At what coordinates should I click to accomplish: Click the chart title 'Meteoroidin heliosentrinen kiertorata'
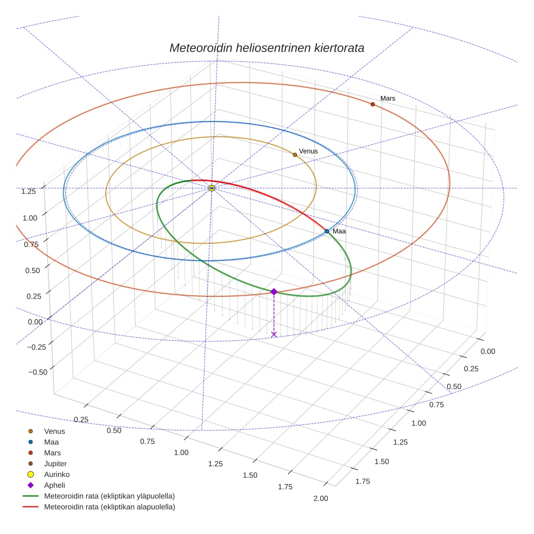click(x=266, y=48)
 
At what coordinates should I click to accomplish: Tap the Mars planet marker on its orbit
click(x=373, y=104)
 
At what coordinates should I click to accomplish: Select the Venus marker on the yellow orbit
click(x=295, y=155)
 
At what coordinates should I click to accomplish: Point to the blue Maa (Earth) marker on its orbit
click(x=327, y=231)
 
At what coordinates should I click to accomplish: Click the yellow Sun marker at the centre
click(x=212, y=188)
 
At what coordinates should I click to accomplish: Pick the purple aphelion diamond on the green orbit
click(x=274, y=291)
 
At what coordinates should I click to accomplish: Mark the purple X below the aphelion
click(x=274, y=334)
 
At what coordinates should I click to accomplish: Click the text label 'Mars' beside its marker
click(x=387, y=99)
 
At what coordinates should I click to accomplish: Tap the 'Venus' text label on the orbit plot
click(x=308, y=151)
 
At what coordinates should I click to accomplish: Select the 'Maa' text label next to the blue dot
click(x=339, y=231)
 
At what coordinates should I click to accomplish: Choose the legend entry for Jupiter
click(x=55, y=463)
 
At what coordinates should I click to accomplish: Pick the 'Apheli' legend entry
click(x=54, y=485)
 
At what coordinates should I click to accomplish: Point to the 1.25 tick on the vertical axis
click(x=28, y=191)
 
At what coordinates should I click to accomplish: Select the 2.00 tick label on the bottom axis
click(x=321, y=499)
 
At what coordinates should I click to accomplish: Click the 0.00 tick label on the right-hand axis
click(x=488, y=351)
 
